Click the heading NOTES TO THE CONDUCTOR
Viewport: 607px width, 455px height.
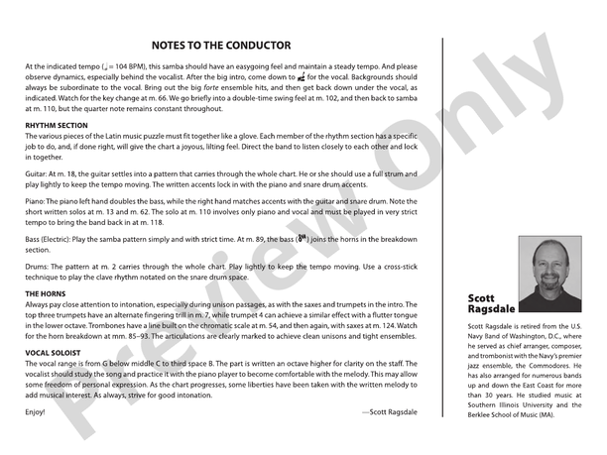(x=220, y=45)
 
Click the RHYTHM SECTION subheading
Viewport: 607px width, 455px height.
(x=57, y=126)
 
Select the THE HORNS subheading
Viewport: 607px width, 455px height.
(x=46, y=294)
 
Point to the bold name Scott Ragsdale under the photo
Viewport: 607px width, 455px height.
(x=493, y=302)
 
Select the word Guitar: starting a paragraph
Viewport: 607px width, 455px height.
(x=38, y=174)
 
